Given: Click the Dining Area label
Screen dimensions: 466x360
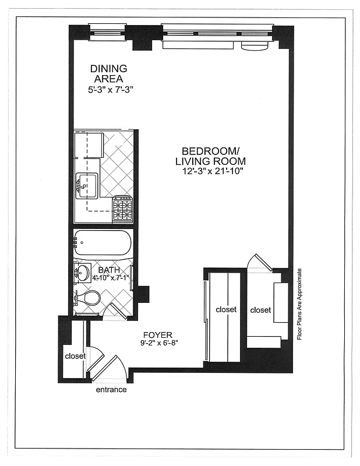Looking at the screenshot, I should tap(108, 73).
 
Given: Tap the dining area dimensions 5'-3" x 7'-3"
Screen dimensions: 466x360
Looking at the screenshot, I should tap(108, 90).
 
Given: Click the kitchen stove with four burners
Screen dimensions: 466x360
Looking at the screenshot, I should tap(122, 209).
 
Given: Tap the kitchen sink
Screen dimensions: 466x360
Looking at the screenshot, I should tap(86, 186).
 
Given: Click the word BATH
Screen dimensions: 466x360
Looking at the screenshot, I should tap(109, 270).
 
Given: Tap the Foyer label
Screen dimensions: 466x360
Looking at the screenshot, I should tap(158, 335).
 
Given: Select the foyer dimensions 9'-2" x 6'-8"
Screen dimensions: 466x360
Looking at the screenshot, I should tap(158, 344).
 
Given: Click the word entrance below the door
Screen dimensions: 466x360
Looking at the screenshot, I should tap(111, 390).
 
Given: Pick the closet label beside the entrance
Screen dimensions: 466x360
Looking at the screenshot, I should tap(75, 356).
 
